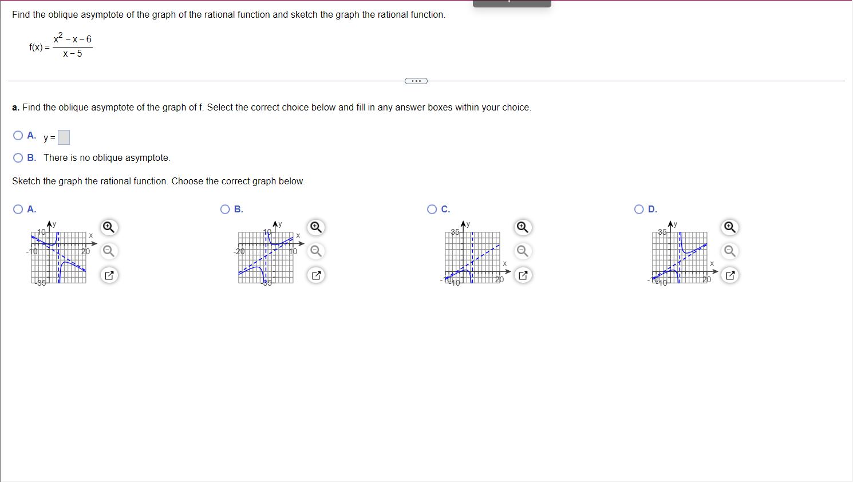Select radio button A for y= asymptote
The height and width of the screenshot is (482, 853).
point(18,136)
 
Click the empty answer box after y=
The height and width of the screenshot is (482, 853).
point(64,137)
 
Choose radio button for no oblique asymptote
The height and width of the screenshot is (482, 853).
point(18,158)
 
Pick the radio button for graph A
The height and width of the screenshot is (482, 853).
point(18,210)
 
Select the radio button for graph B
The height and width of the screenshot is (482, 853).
point(226,210)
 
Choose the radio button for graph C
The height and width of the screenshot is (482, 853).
point(432,210)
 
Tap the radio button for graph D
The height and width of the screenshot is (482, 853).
point(639,210)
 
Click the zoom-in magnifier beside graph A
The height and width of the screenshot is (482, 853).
point(108,227)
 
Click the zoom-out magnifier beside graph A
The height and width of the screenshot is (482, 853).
point(108,251)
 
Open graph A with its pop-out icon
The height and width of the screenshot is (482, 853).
point(108,275)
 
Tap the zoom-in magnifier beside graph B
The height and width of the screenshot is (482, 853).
point(315,227)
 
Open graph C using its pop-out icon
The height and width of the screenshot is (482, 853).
point(522,275)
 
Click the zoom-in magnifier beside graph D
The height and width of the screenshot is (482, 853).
point(729,227)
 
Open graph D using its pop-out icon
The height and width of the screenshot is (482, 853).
point(729,275)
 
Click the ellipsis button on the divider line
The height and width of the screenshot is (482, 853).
point(416,81)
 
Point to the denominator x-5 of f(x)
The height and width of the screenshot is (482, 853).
point(73,54)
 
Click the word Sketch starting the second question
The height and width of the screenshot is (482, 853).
point(26,181)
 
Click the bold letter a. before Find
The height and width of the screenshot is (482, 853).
point(15,108)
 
